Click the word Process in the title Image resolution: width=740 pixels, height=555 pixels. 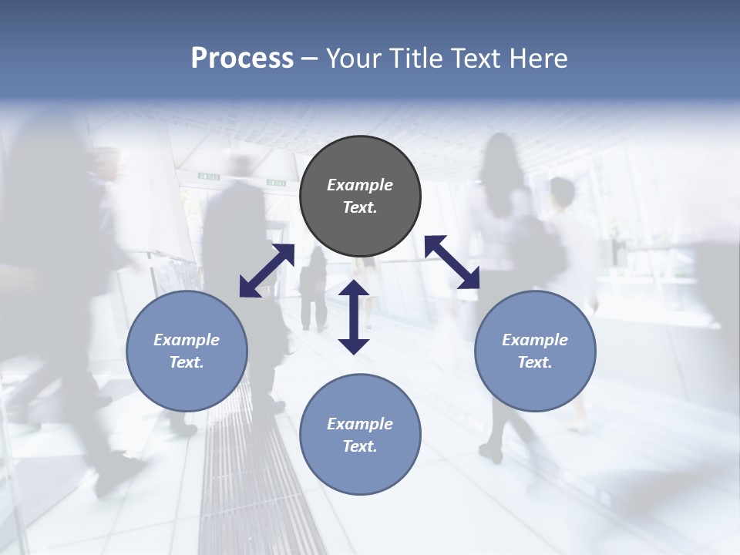[242, 59]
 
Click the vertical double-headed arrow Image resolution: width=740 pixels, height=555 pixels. [354, 317]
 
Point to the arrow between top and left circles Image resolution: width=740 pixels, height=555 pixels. [267, 270]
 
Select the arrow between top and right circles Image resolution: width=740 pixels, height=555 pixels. [452, 262]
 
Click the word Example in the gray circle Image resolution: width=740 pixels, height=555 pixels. [360, 185]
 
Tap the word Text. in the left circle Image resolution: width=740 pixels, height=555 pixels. [187, 362]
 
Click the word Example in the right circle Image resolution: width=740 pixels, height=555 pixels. [535, 340]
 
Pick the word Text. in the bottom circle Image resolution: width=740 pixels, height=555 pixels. [360, 446]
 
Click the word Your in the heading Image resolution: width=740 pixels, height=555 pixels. [353, 59]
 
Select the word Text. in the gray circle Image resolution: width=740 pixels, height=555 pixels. [360, 207]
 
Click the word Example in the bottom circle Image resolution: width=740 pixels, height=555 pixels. [360, 424]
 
